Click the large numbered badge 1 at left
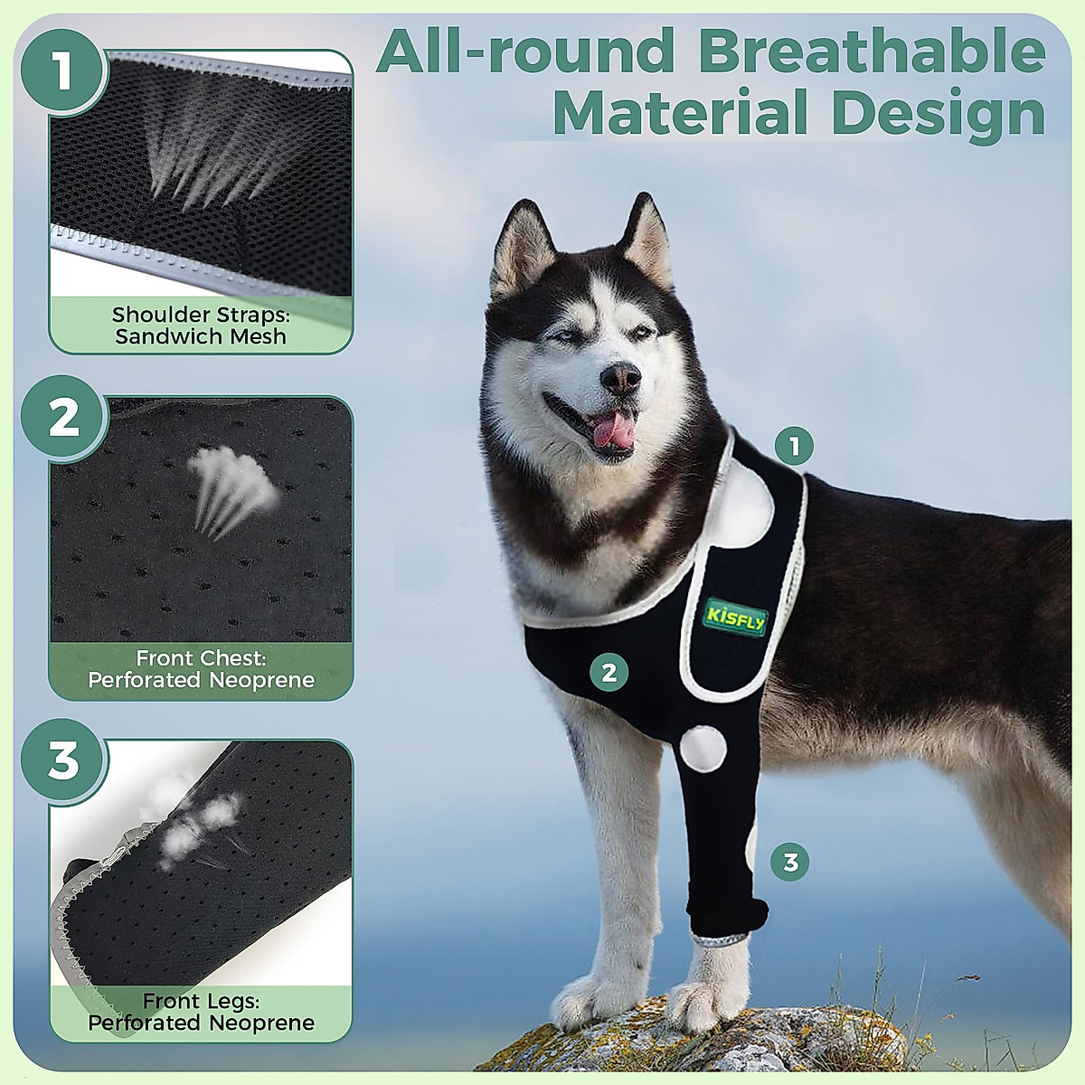click(x=61, y=71)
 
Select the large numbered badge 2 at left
click(x=64, y=418)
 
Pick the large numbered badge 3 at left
click(x=64, y=761)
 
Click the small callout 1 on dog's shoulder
click(x=794, y=446)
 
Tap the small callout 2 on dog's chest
click(x=609, y=672)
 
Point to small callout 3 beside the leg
click(x=790, y=862)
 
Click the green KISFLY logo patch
click(x=736, y=618)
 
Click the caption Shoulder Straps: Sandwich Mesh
click(x=200, y=325)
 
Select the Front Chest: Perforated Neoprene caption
click(x=201, y=669)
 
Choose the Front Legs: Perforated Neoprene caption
click(x=201, y=1012)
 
